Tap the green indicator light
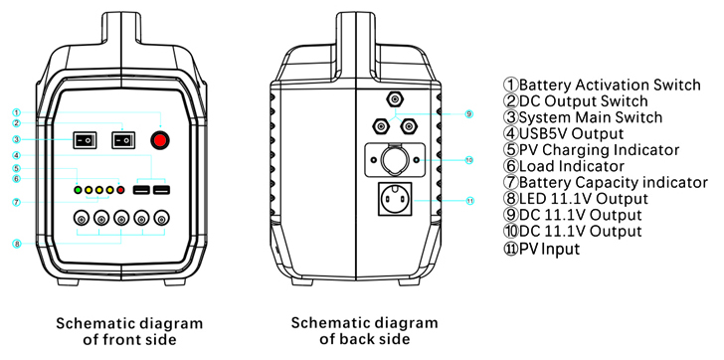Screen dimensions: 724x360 (78, 190)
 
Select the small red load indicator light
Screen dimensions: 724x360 (120, 190)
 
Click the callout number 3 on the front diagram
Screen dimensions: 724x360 (17, 139)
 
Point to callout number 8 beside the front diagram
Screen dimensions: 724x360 (17, 244)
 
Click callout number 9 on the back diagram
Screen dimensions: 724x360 (469, 114)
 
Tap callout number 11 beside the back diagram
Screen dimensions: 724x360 (469, 200)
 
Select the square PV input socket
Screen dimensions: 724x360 (395, 199)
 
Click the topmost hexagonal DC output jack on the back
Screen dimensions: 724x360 (395, 98)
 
